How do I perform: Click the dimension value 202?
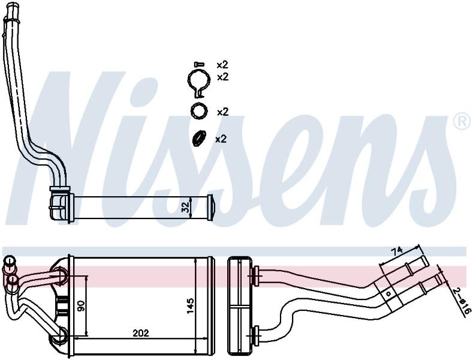[141, 333]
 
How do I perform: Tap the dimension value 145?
[190, 306]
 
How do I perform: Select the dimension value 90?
[81, 307]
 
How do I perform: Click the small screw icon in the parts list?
[199, 64]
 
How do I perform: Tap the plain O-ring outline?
[199, 111]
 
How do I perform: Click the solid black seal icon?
[199, 139]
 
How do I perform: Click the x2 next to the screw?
[222, 65]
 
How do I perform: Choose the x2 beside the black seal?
[221, 139]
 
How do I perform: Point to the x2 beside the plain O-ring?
[223, 112]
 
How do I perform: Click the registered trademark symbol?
[462, 121]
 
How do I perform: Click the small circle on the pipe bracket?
[388, 293]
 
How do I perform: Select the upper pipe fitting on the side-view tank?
[256, 275]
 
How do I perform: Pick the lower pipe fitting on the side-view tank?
[256, 335]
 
